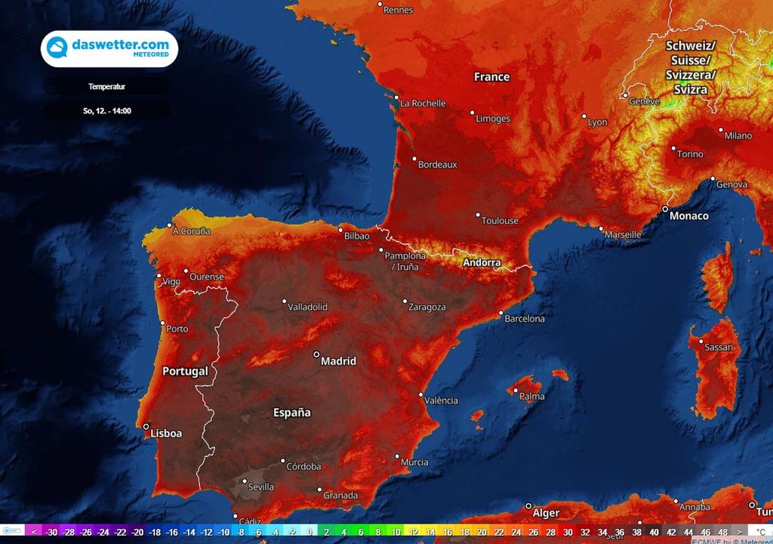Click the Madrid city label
(x=338, y=361)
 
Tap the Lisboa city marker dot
(x=146, y=427)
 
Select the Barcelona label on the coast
(x=525, y=319)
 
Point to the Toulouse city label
(x=500, y=221)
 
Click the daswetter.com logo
(x=109, y=48)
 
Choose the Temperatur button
(x=106, y=87)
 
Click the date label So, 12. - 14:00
(x=106, y=111)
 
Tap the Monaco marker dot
(x=665, y=209)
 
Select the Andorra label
(x=482, y=263)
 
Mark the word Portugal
(x=185, y=372)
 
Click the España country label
(x=291, y=413)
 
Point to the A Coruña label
(x=192, y=231)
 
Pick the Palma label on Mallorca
(x=532, y=396)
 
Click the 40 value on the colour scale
(x=653, y=532)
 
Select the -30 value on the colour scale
(x=52, y=532)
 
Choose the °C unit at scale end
(x=761, y=532)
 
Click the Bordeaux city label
(x=438, y=164)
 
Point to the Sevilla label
(x=261, y=487)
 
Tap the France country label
(x=491, y=77)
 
